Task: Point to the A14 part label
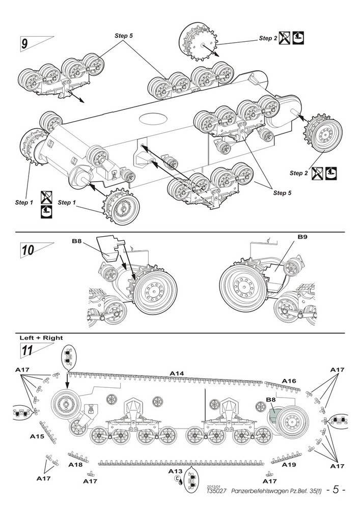click(177, 373)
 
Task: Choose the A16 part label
click(289, 380)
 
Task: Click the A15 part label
click(37, 436)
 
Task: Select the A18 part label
click(75, 465)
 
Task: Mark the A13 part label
click(175, 471)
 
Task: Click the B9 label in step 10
click(302, 237)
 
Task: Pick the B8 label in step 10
click(76, 241)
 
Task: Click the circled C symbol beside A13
click(178, 478)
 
